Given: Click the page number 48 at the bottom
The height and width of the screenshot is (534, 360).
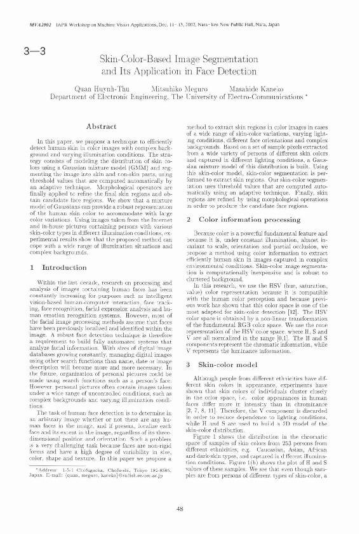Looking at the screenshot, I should click(x=180, y=507).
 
